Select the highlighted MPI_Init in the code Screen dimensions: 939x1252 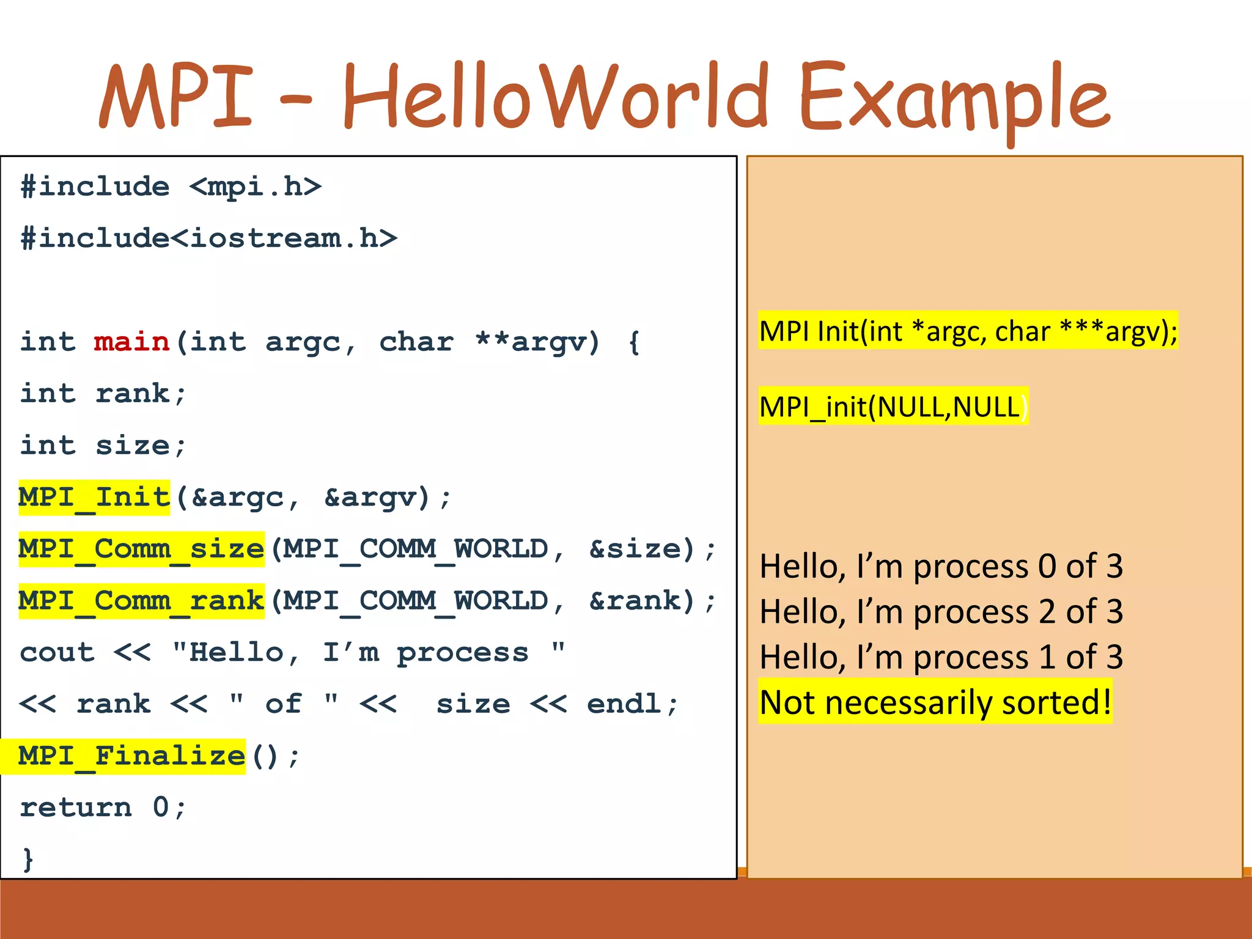point(94,497)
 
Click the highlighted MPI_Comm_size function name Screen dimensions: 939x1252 point(141,549)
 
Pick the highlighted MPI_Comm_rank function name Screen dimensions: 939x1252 point(141,601)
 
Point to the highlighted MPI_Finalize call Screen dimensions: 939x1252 point(131,756)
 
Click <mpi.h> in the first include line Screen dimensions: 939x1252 point(255,186)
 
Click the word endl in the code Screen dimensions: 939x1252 point(624,704)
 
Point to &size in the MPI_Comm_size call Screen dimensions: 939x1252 point(642,549)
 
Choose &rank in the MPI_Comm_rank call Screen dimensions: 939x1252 point(642,601)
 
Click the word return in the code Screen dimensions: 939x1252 point(76,808)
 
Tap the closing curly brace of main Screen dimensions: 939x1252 point(28,859)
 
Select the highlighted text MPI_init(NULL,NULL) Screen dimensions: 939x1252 point(893,407)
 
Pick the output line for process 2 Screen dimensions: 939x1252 point(941,611)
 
